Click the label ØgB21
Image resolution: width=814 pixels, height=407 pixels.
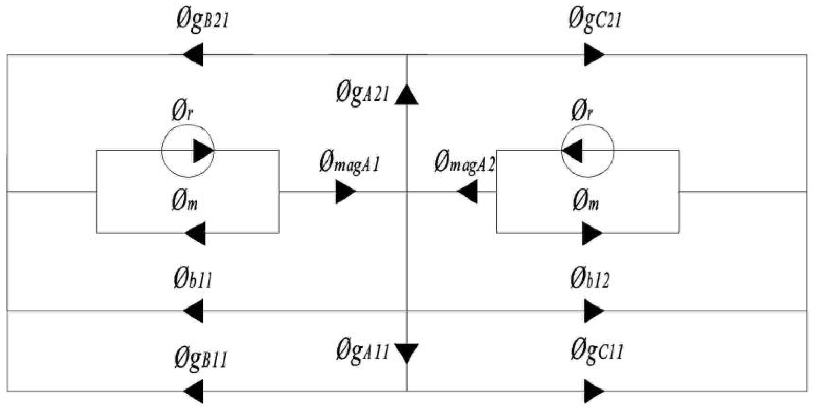point(203,20)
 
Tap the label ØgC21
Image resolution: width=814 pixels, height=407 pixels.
point(595,20)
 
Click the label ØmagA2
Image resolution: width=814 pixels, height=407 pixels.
point(464,163)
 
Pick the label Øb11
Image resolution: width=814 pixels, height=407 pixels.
point(193,279)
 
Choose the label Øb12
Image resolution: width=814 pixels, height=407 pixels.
point(590,279)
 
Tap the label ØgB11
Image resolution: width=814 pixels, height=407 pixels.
point(201,359)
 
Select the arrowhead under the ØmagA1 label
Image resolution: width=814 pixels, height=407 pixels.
point(345,192)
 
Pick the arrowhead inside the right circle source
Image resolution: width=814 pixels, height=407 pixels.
point(573,151)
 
